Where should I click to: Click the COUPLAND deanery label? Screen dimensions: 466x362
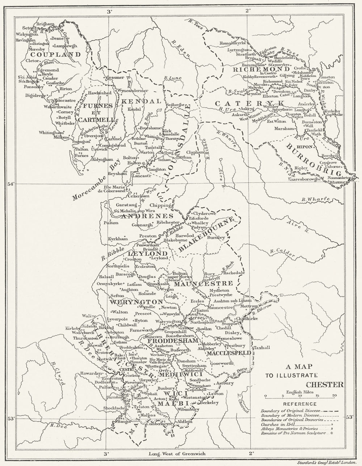tap(55, 55)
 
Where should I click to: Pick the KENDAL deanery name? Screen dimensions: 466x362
tap(140, 101)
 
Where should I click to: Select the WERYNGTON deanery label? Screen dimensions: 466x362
tap(131, 301)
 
